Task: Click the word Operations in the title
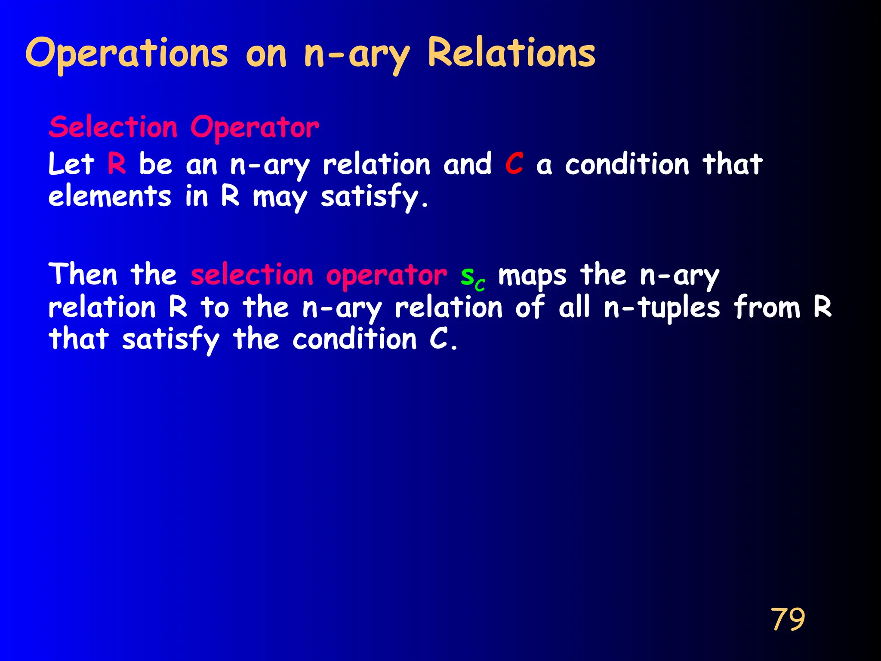coord(126,53)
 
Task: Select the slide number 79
coord(788,619)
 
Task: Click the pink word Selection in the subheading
coord(113,127)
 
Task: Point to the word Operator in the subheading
coord(255,127)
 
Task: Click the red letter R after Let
coord(117,164)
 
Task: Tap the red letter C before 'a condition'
coord(514,164)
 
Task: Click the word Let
coord(71,164)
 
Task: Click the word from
coord(767,308)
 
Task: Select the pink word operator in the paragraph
coord(386,276)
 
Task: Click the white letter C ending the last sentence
coord(439,339)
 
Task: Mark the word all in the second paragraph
coord(574,308)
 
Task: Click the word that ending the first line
coord(732,164)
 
